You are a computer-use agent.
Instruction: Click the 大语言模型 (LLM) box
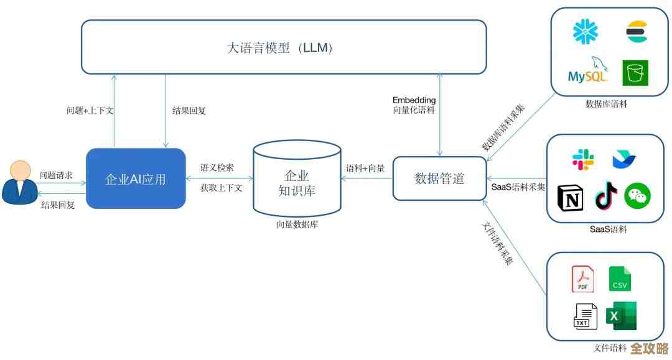[x=284, y=47]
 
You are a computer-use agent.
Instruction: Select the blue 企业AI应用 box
[x=136, y=178]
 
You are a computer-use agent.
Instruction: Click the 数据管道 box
[x=439, y=178]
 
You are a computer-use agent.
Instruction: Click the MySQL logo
[x=587, y=73]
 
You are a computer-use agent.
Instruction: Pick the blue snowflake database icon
[x=585, y=32]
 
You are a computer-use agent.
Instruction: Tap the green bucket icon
[x=635, y=73]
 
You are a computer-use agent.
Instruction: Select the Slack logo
[x=583, y=160]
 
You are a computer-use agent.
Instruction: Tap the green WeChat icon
[x=637, y=196]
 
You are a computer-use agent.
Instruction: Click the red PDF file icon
[x=582, y=279]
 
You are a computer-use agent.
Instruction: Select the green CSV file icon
[x=620, y=279]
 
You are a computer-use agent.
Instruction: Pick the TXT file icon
[x=584, y=316]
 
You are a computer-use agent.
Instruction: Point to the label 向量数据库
[x=297, y=224]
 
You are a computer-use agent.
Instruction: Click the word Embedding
[x=414, y=99]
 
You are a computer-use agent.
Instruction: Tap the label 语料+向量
[x=365, y=168]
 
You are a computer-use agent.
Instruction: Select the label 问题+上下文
[x=90, y=111]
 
